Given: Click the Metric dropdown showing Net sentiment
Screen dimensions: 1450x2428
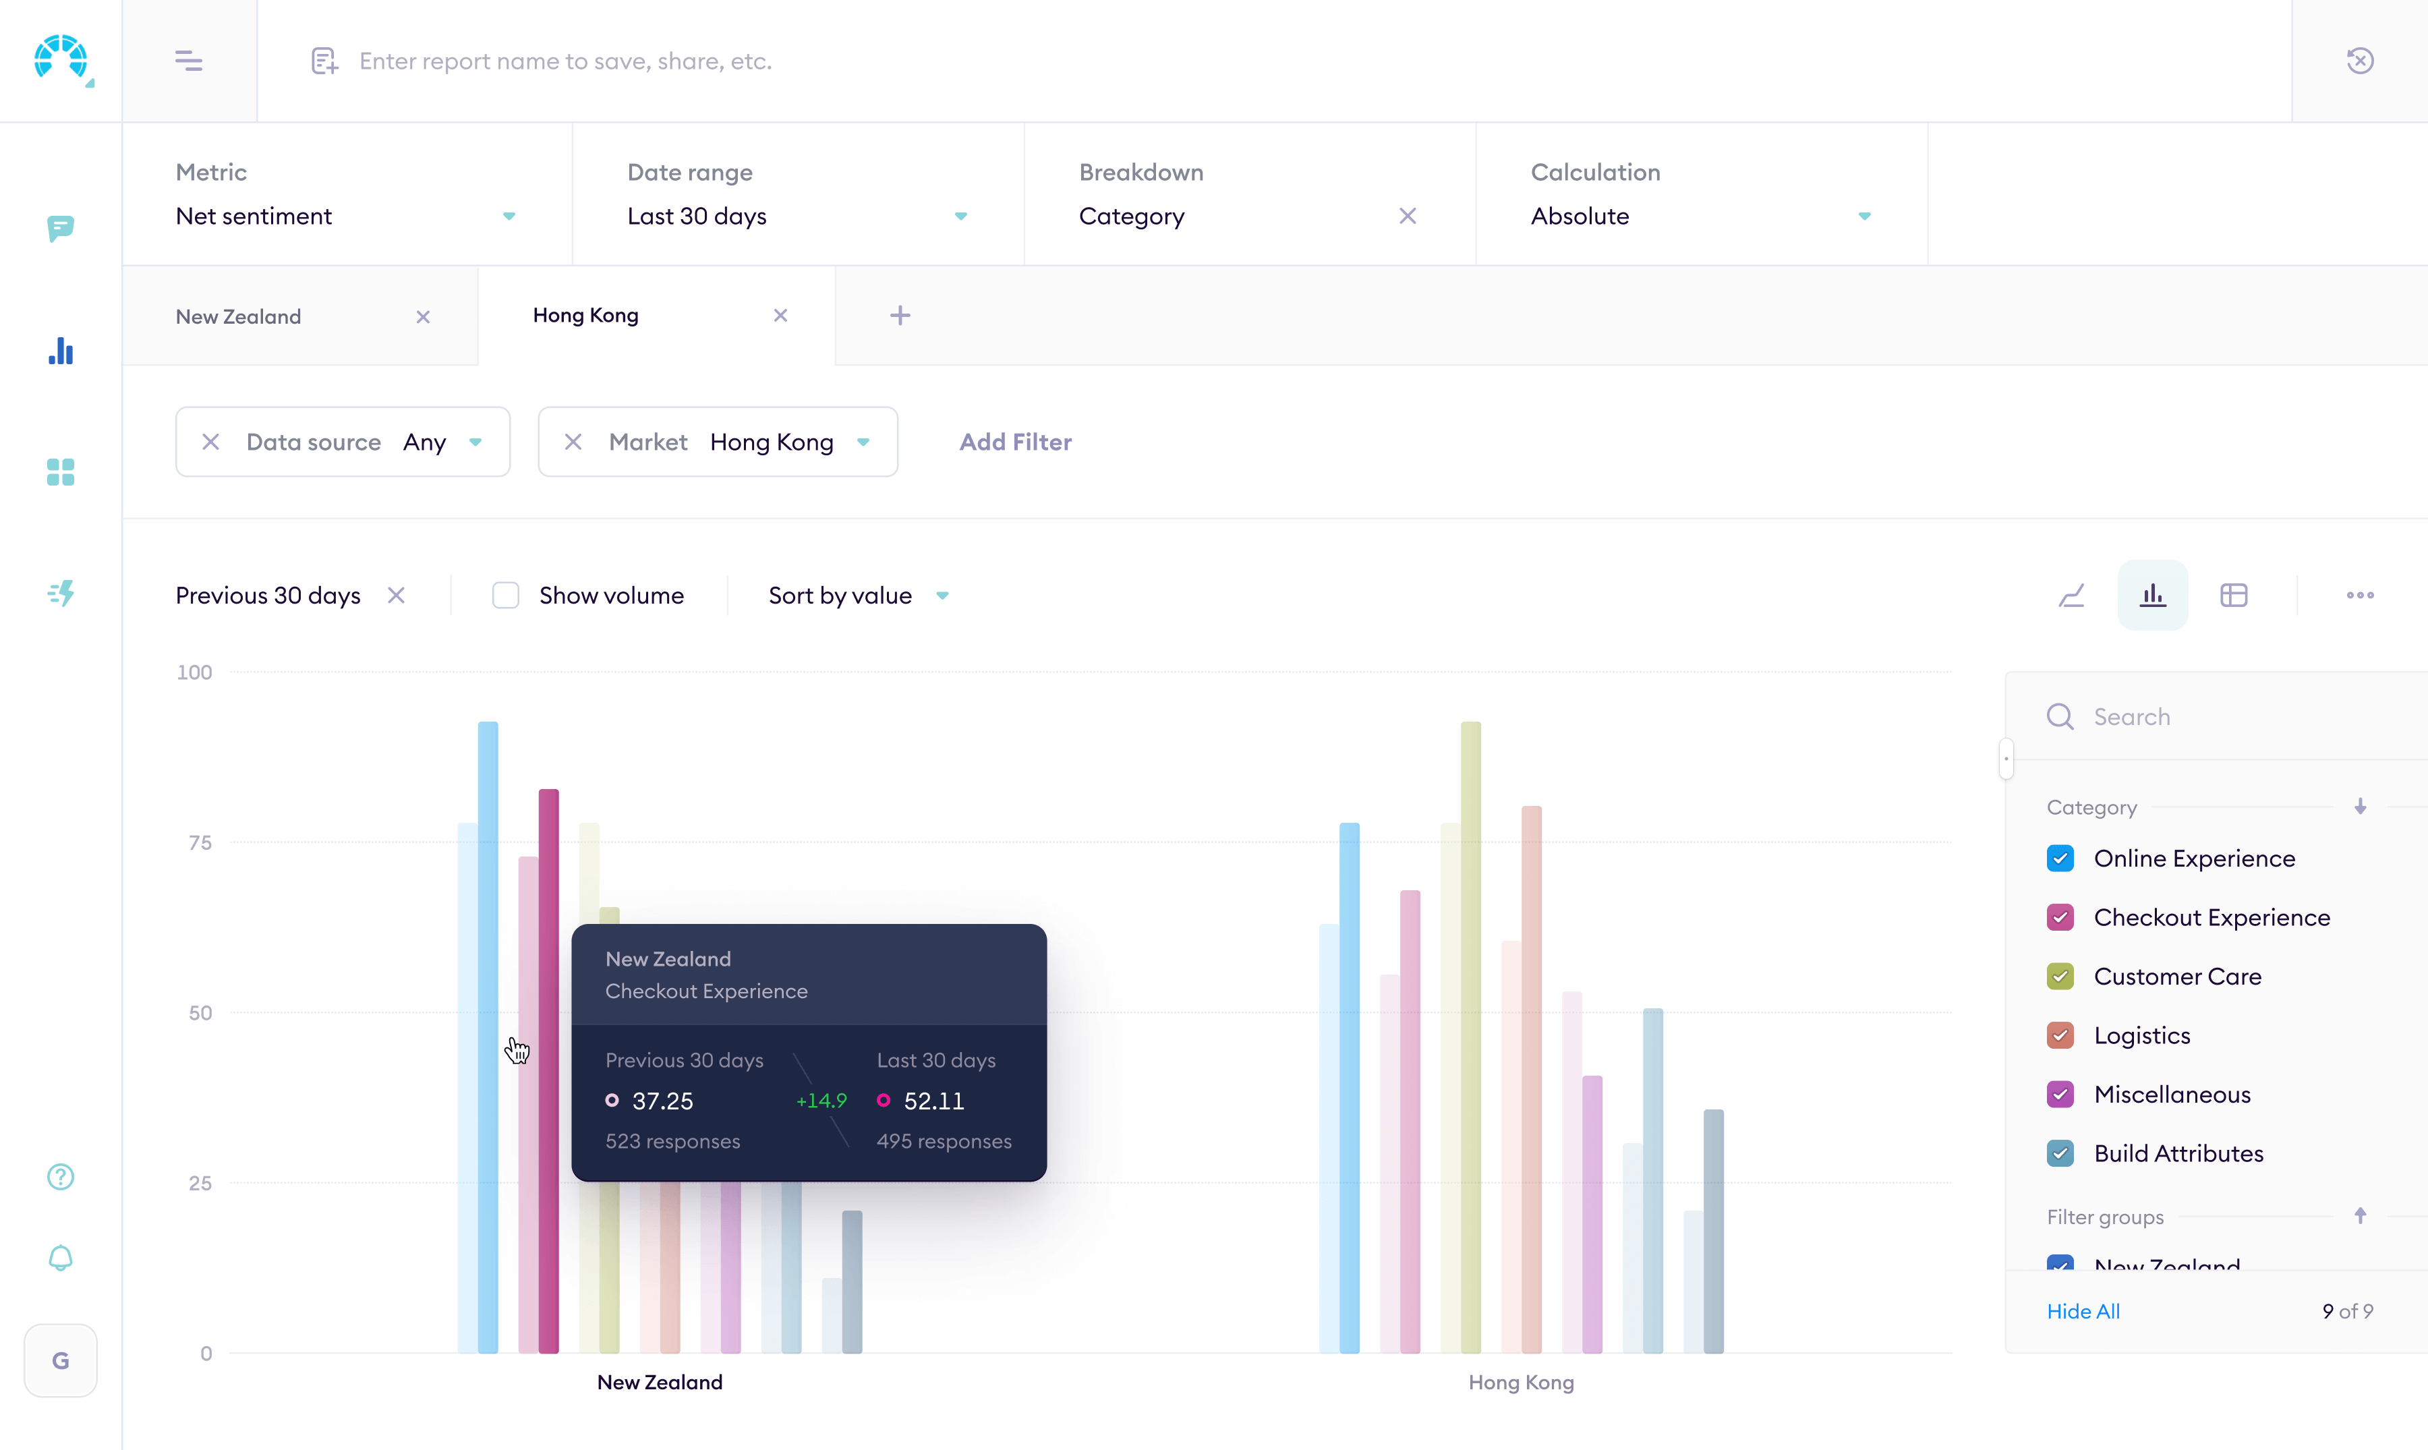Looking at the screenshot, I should pyautogui.click(x=345, y=216).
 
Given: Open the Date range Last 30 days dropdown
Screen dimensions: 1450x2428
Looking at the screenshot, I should pyautogui.click(x=797, y=216).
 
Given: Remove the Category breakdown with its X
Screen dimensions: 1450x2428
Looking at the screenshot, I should pyautogui.click(x=1407, y=216).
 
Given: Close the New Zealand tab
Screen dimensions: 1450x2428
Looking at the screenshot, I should pyautogui.click(x=423, y=316).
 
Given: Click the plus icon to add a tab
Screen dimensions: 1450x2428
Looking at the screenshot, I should pyautogui.click(x=900, y=316).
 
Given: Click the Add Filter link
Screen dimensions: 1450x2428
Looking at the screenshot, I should pyautogui.click(x=1015, y=442).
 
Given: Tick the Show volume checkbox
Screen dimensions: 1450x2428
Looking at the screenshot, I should pyautogui.click(x=505, y=595).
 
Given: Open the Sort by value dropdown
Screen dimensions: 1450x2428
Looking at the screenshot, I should pyautogui.click(x=858, y=595).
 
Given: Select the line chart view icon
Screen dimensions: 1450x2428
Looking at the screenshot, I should pyautogui.click(x=2071, y=595).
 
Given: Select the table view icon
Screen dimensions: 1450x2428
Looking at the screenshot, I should pyautogui.click(x=2234, y=595).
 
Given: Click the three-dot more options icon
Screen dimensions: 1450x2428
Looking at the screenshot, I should pyautogui.click(x=2360, y=595).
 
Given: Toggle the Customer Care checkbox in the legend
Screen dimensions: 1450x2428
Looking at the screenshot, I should pyautogui.click(x=2060, y=976).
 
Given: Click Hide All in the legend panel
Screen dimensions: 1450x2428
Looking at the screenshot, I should pyautogui.click(x=2083, y=1311).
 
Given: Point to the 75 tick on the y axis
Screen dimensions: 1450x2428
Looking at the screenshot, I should pyautogui.click(x=200, y=842).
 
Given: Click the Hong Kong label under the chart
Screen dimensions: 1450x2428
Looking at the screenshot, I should pyautogui.click(x=1520, y=1382).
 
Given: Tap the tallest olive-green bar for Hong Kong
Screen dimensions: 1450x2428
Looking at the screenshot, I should pyautogui.click(x=1470, y=1036).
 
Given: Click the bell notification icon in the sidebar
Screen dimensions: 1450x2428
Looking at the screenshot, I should pyautogui.click(x=61, y=1258).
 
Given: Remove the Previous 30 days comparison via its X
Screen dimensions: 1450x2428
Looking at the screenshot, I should pyautogui.click(x=396, y=595).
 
